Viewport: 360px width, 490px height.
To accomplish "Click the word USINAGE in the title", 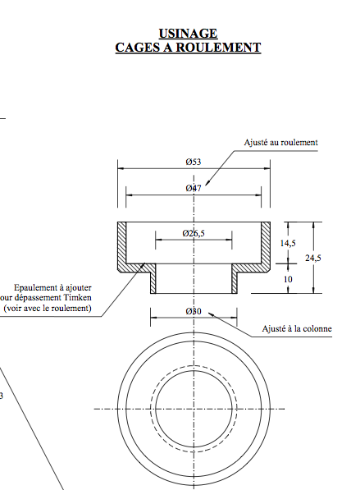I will (189, 33).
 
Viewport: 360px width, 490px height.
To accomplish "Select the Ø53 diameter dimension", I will (194, 162).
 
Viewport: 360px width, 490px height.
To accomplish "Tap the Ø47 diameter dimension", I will (194, 189).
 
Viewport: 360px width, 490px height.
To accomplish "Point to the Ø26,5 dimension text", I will (194, 234).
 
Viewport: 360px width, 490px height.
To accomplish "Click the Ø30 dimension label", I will (194, 312).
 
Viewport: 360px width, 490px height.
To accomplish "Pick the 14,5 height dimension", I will (288, 244).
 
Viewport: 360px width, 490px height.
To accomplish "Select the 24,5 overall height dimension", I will (313, 258).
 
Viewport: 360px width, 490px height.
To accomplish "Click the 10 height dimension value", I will (287, 279).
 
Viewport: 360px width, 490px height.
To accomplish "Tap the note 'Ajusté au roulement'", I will (280, 142).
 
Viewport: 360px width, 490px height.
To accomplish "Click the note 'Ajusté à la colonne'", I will (297, 329).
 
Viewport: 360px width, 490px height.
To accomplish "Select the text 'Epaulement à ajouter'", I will (53, 288).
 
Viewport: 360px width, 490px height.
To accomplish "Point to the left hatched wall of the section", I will (121, 246).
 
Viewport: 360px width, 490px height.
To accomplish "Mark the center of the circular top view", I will (194, 408).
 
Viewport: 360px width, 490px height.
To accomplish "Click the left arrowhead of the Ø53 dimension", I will (121, 168).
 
